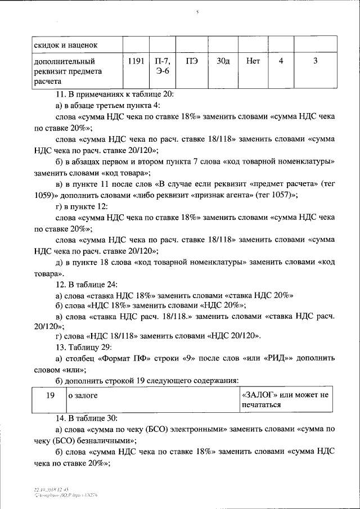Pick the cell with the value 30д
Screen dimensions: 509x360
pyautogui.click(x=223, y=61)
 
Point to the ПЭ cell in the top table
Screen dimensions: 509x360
pyautogui.click(x=192, y=61)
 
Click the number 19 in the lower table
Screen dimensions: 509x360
pyautogui.click(x=49, y=395)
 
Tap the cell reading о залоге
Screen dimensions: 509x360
pyautogui.click(x=83, y=395)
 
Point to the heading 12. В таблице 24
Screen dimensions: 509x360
pyautogui.click(x=86, y=284)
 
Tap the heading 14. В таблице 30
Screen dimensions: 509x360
pyautogui.click(x=86, y=418)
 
